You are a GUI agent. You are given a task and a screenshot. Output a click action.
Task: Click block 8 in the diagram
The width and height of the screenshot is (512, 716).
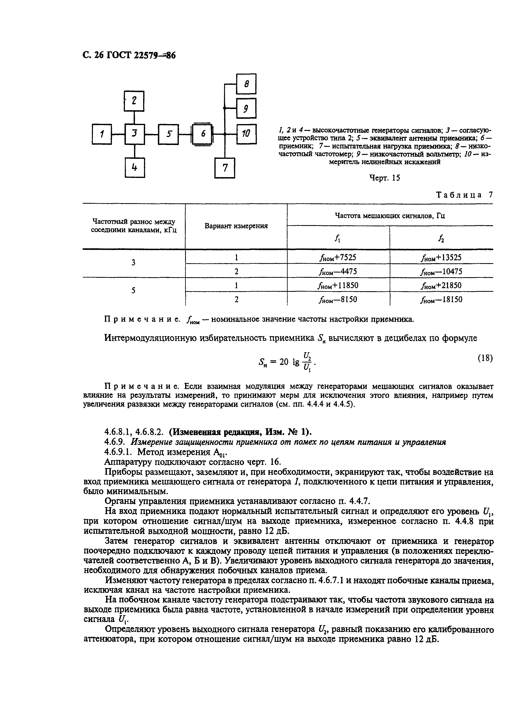click(x=246, y=84)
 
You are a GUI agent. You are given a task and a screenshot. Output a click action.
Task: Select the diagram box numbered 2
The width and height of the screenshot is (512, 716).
click(x=134, y=101)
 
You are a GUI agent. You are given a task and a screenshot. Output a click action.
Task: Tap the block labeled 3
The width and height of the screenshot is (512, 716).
click(x=135, y=134)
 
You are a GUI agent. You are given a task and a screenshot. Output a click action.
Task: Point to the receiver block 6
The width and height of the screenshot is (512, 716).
click(x=203, y=134)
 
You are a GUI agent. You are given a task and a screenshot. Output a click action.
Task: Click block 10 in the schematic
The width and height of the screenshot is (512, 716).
click(x=246, y=134)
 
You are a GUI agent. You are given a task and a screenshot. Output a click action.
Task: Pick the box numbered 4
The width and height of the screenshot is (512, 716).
click(x=135, y=168)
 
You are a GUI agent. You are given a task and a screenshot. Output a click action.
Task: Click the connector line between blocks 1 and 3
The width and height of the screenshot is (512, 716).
click(x=118, y=134)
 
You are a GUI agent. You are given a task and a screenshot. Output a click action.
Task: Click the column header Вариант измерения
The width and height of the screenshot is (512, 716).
click(x=236, y=226)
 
